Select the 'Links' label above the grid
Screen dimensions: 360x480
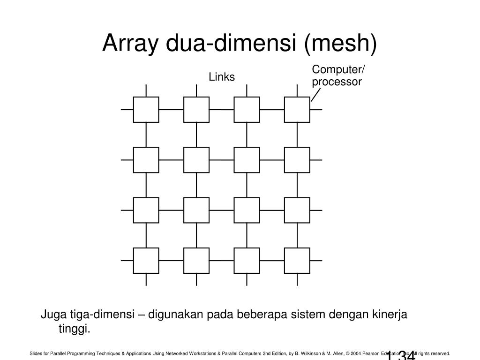[x=222, y=77]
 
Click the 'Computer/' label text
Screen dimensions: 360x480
[x=338, y=70]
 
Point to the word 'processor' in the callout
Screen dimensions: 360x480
[x=337, y=82]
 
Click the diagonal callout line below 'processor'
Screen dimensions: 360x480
[x=315, y=95]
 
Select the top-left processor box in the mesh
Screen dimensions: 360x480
[x=146, y=109]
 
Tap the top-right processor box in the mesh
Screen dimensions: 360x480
[x=297, y=109]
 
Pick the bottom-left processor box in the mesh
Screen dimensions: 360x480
[x=146, y=260]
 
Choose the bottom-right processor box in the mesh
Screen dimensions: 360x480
[x=297, y=260]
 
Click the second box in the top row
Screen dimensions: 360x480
[x=196, y=109]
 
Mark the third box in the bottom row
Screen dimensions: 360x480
[x=247, y=260]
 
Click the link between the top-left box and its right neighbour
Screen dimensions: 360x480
[x=171, y=110]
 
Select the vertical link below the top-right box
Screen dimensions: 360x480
[x=297, y=135]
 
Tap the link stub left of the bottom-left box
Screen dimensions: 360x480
[x=127, y=260]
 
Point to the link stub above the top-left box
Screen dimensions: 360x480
[x=146, y=90]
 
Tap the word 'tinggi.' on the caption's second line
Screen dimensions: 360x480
[x=74, y=329]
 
